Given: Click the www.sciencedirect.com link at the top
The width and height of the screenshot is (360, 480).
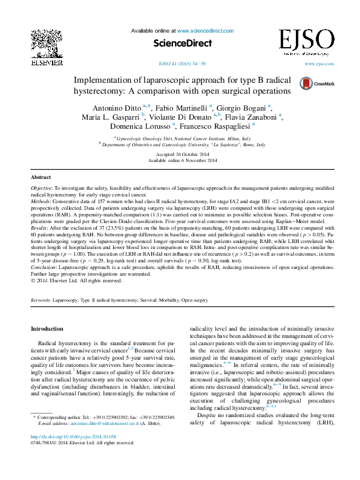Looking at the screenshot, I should click(205, 30).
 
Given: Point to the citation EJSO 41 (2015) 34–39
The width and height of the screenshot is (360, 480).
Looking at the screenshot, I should click(182, 63).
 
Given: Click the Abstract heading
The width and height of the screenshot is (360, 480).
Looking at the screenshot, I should click(41, 178).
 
